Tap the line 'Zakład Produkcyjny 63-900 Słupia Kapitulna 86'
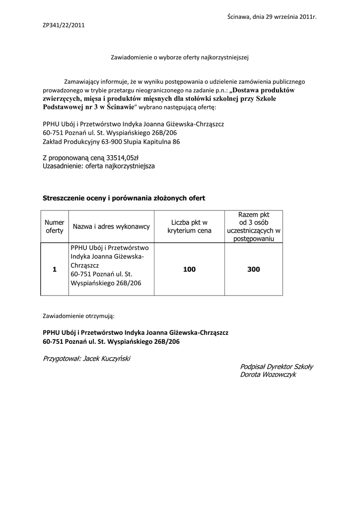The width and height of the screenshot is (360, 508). click(111, 141)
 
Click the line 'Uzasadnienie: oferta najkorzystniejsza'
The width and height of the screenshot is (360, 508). click(99, 166)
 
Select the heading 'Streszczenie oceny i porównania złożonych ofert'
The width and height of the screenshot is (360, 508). click(124, 198)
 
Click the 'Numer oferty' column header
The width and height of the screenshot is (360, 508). click(55, 227)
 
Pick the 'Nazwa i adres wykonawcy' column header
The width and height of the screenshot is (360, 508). click(111, 227)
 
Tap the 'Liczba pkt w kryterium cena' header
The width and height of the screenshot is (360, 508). click(189, 227)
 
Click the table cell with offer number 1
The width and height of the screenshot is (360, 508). click(55, 269)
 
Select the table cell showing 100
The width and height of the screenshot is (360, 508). click(189, 269)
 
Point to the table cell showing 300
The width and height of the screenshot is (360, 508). click(254, 269)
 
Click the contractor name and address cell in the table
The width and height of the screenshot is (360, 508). click(111, 265)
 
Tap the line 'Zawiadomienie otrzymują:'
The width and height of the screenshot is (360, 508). click(78, 315)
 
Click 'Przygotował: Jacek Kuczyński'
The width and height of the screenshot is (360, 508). click(86, 358)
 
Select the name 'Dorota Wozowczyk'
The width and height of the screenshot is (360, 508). click(268, 375)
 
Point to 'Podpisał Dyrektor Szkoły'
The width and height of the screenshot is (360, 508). click(277, 366)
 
